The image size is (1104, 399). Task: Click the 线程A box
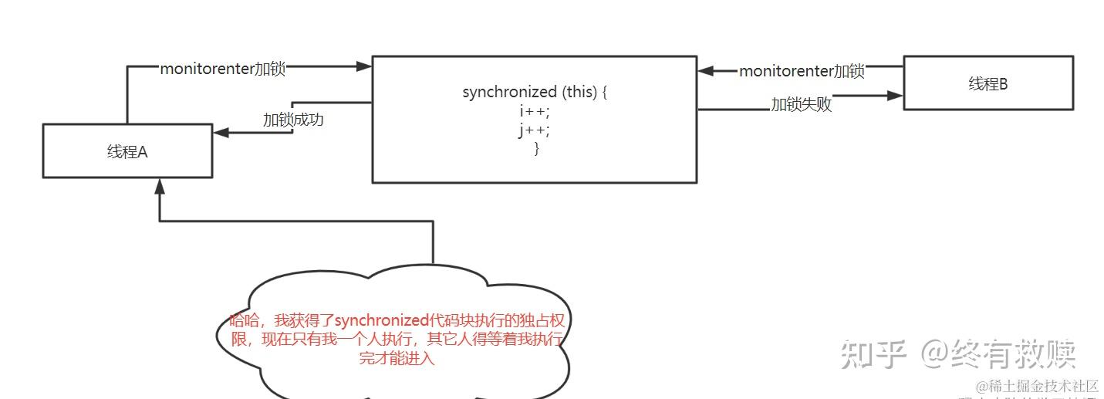[x=127, y=151]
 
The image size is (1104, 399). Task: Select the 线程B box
[x=988, y=83]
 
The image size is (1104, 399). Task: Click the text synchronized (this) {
[x=535, y=92]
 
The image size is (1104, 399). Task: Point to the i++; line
[x=535, y=111]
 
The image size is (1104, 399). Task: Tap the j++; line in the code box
[x=535, y=130]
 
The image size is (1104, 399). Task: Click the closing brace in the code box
[x=536, y=148]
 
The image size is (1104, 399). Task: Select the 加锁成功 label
[x=292, y=120]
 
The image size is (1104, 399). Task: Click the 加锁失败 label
[x=802, y=105]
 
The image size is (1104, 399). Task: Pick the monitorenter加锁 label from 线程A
[x=222, y=69]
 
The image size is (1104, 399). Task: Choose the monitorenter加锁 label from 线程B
[x=802, y=71]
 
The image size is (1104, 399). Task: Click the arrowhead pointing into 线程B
[x=895, y=96]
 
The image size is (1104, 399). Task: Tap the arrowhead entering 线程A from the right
[x=221, y=133]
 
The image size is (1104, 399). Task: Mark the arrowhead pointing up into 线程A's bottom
[x=160, y=185]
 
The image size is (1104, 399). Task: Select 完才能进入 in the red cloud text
[x=397, y=359]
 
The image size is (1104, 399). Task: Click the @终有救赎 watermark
[x=998, y=354]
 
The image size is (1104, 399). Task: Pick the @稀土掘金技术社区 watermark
[x=1037, y=386]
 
